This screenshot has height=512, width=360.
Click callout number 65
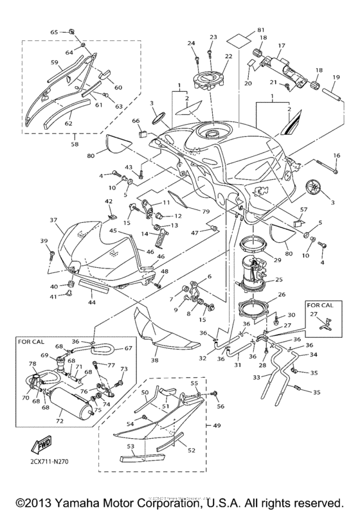(54, 31)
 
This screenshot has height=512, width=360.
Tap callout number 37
(54, 220)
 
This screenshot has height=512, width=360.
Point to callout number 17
(281, 46)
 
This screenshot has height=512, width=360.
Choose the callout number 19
(336, 77)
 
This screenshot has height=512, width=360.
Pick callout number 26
(280, 296)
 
